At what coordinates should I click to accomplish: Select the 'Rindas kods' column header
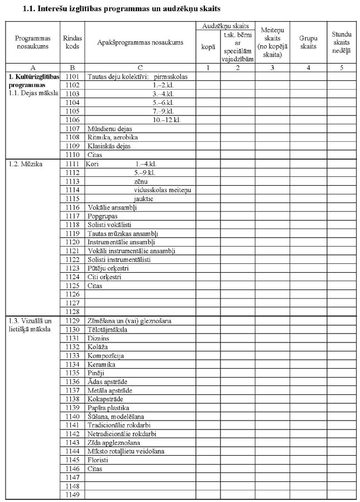pyautogui.click(x=73, y=42)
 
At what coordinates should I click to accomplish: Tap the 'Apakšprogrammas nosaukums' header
pyautogui.click(x=140, y=42)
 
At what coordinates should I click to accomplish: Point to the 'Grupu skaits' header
pyautogui.click(x=308, y=42)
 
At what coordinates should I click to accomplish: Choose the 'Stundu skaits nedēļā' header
pyautogui.click(x=342, y=42)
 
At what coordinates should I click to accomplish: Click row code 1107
pyautogui.click(x=73, y=128)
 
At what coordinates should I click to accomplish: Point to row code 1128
pyautogui.click(x=73, y=311)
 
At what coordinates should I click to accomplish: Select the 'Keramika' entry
pyautogui.click(x=101, y=364)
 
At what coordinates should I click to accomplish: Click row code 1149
pyautogui.click(x=73, y=495)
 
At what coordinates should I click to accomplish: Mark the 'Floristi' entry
pyautogui.click(x=98, y=460)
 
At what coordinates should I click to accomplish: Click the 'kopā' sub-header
pyautogui.click(x=207, y=47)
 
